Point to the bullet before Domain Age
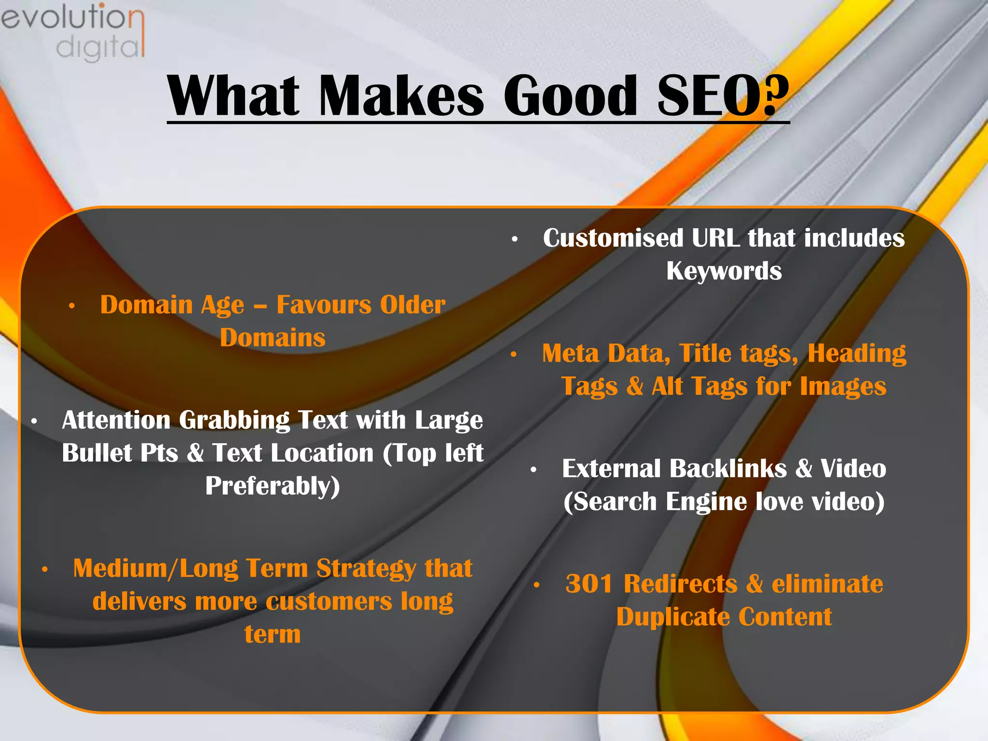pos(72,306)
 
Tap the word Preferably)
pos(273,486)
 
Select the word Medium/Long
pos(155,569)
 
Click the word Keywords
pos(724,271)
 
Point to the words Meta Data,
pos(606,354)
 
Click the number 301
pos(589,584)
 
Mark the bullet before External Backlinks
pos(534,470)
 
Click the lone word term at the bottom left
pos(273,634)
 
